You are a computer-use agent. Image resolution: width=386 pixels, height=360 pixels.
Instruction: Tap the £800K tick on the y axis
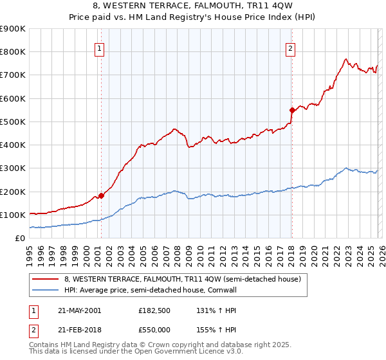pyautogui.click(x=13, y=52)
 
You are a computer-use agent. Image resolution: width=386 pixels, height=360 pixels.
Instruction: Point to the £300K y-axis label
pyautogui.click(x=13, y=168)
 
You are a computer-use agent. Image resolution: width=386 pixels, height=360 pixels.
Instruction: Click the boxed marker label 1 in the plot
pyautogui.click(x=100, y=48)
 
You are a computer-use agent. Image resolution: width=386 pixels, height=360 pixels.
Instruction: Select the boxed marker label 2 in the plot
pyautogui.click(x=291, y=48)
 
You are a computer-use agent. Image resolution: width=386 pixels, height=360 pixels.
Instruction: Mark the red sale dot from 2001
pyautogui.click(x=102, y=196)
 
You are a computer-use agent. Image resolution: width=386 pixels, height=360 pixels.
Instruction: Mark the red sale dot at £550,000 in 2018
pyautogui.click(x=292, y=110)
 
